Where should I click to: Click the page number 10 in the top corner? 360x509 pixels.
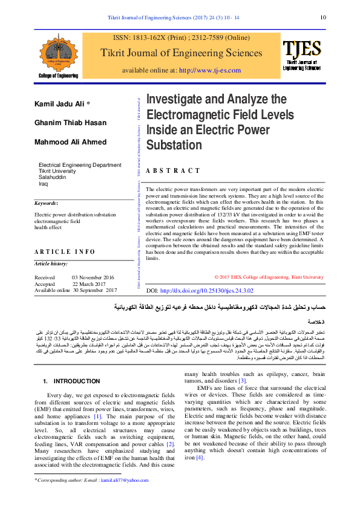coord(324,18)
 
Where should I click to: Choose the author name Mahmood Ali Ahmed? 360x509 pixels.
coord(63,142)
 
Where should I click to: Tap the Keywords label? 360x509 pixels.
coord(46,204)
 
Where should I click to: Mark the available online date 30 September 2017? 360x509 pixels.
coord(94,291)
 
